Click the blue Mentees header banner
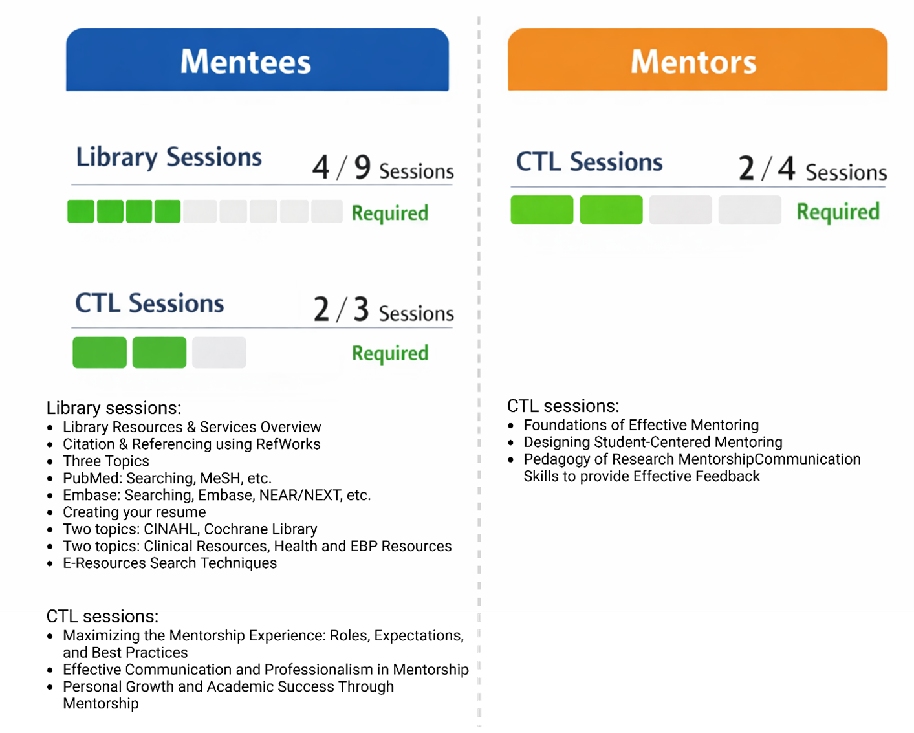point(257,60)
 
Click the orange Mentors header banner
point(697,60)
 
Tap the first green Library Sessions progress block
point(81,212)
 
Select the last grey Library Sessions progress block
point(327,212)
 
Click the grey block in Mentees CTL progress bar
point(219,353)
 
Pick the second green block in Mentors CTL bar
point(611,210)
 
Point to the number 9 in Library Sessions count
point(362,167)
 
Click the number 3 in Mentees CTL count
point(361,309)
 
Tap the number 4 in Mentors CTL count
point(786,169)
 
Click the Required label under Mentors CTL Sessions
point(838,212)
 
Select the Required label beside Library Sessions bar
point(389,213)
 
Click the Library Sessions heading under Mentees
point(169,157)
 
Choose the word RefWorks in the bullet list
point(288,444)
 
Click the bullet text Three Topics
point(106,461)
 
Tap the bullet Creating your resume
point(135,512)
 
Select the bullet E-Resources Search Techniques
point(169,563)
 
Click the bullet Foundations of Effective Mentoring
point(641,425)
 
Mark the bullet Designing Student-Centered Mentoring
point(653,443)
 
